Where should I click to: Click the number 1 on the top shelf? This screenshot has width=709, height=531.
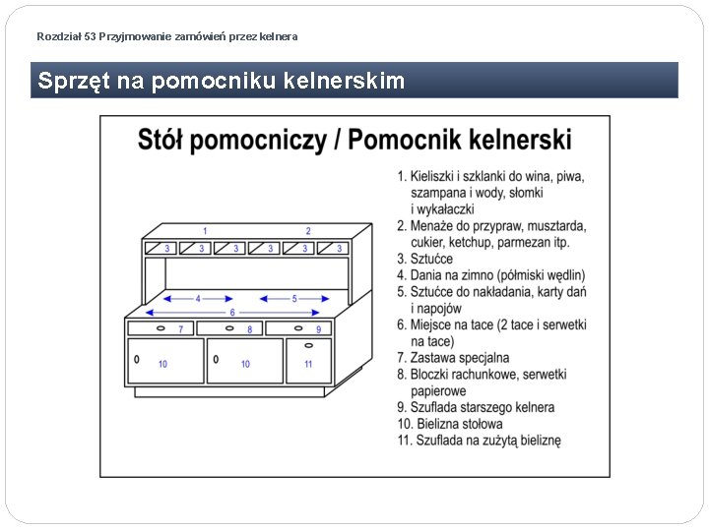(204, 231)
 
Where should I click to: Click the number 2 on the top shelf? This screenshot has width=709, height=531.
(308, 231)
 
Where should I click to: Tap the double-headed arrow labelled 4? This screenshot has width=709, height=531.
(198, 298)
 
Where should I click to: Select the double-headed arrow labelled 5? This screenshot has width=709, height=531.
(293, 298)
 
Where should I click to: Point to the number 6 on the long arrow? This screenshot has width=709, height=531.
(232, 313)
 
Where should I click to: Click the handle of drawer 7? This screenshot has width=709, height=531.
(161, 328)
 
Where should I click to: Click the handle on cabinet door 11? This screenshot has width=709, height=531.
(308, 345)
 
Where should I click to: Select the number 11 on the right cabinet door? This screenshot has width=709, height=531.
(308, 364)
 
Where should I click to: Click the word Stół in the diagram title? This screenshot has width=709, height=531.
(160, 141)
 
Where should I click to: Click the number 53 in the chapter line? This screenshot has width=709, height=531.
(91, 36)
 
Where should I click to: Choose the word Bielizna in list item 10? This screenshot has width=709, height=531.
(440, 424)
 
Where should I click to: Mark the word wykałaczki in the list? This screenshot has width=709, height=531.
(445, 209)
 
